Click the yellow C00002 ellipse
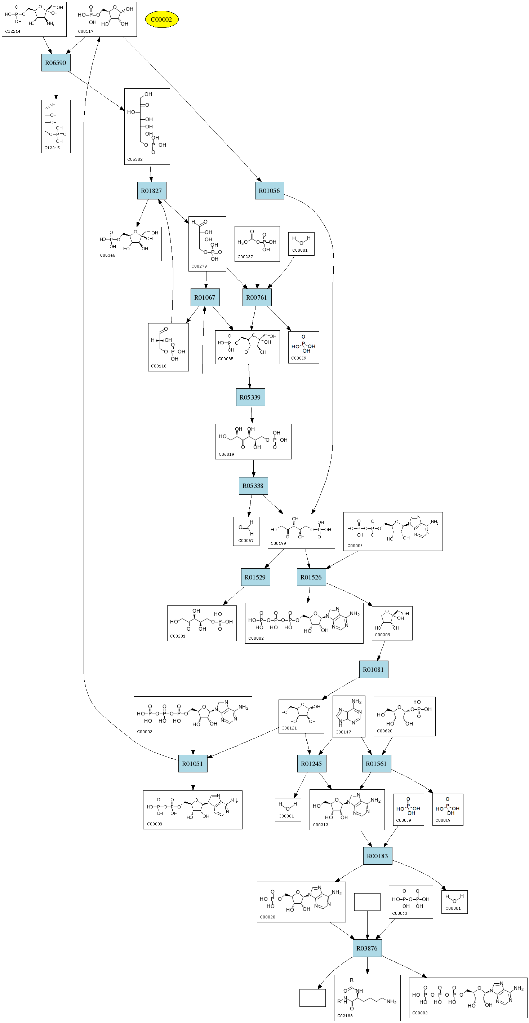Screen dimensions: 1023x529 click(161, 19)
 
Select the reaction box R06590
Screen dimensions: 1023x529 click(55, 63)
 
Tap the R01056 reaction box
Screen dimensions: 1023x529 click(269, 191)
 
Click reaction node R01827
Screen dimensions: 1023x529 click(152, 191)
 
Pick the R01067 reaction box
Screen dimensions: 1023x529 click(205, 297)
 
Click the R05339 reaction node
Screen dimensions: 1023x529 click(250, 397)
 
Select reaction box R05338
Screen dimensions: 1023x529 click(253, 486)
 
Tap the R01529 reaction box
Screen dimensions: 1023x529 click(255, 577)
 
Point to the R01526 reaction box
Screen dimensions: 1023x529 click(311, 577)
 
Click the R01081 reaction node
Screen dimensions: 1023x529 click(373, 669)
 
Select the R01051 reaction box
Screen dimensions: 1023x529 click(192, 763)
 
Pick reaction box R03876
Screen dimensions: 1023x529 click(367, 948)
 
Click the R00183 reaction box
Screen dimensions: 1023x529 click(377, 856)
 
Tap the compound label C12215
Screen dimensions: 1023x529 click(52, 148)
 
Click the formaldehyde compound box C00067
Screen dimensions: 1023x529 click(246, 531)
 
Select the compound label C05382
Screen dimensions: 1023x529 click(135, 159)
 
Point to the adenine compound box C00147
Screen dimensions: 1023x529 click(348, 716)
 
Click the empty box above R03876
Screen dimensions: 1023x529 click(367, 902)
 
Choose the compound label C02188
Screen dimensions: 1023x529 click(345, 1015)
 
